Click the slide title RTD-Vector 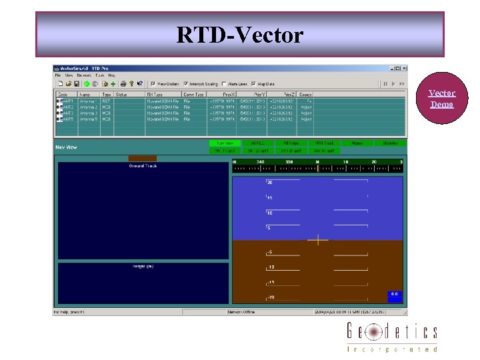coord(239,35)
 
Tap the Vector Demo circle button coord(441,99)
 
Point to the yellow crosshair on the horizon coord(318,239)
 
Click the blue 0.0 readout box coord(394,294)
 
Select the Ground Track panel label coord(143,165)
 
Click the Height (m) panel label coord(143,266)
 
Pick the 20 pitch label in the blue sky coord(269,182)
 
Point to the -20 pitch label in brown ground coord(271,297)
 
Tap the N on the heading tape coord(317,161)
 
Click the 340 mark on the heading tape coord(259,161)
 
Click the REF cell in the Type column coord(106,101)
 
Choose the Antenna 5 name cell coord(89,119)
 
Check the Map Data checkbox coord(253,84)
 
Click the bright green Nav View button coord(225,143)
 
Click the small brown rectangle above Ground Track coord(143,159)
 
